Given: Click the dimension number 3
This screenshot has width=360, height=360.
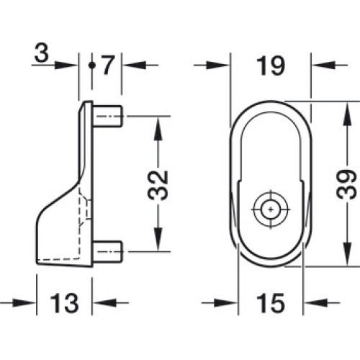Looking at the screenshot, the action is point(42,53).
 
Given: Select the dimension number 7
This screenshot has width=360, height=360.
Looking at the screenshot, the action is point(108,65).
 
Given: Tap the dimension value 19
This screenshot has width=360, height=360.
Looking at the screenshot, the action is point(271,66).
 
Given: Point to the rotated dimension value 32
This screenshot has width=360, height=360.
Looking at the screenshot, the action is point(158,185).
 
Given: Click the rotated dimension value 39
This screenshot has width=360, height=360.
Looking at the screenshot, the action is point(346,184).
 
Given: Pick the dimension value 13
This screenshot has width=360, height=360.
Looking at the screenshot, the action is point(64,303).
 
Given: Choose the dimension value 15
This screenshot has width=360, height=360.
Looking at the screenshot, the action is point(271,304).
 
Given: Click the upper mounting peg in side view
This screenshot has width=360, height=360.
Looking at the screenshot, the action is point(107,116).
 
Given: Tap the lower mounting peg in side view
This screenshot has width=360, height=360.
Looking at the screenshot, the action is point(107,251).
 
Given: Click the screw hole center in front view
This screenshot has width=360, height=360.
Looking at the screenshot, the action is point(271,210).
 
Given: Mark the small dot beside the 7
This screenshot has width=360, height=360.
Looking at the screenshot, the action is point(91,65).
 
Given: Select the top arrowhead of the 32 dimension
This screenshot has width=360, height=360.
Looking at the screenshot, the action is point(158,128).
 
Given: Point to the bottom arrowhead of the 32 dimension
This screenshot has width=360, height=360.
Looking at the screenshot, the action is point(158,239).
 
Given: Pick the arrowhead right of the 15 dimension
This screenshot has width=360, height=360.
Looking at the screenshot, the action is point(315,303).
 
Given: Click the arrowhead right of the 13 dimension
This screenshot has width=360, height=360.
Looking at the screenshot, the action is point(104,302).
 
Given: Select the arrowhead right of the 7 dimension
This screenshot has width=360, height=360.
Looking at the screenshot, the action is point(134,65).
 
